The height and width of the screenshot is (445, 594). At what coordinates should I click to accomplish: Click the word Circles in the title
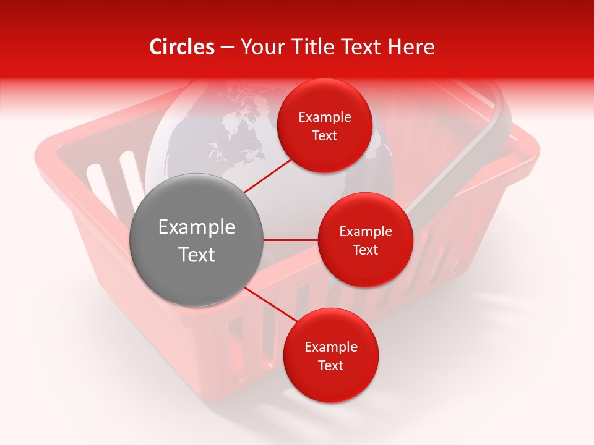[182, 47]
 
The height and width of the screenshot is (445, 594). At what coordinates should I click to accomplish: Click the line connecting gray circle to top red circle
[269, 175]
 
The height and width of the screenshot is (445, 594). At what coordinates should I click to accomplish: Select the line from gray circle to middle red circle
[291, 240]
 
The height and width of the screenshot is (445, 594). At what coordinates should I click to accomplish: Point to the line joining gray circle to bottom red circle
[267, 305]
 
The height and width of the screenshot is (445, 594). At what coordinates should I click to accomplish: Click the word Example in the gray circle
[197, 227]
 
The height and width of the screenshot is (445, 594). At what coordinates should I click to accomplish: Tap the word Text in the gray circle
[197, 255]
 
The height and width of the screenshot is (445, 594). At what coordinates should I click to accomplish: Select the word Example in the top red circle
[325, 117]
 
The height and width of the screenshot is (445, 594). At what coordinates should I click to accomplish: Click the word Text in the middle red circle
[365, 250]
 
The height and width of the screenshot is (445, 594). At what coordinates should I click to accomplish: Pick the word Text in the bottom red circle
[330, 365]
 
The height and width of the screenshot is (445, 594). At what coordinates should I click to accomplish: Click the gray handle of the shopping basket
[470, 155]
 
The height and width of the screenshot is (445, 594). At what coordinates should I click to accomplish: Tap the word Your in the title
[261, 47]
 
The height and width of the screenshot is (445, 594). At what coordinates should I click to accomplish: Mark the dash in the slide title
[227, 47]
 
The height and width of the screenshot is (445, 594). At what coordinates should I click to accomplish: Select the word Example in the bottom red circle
[331, 347]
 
